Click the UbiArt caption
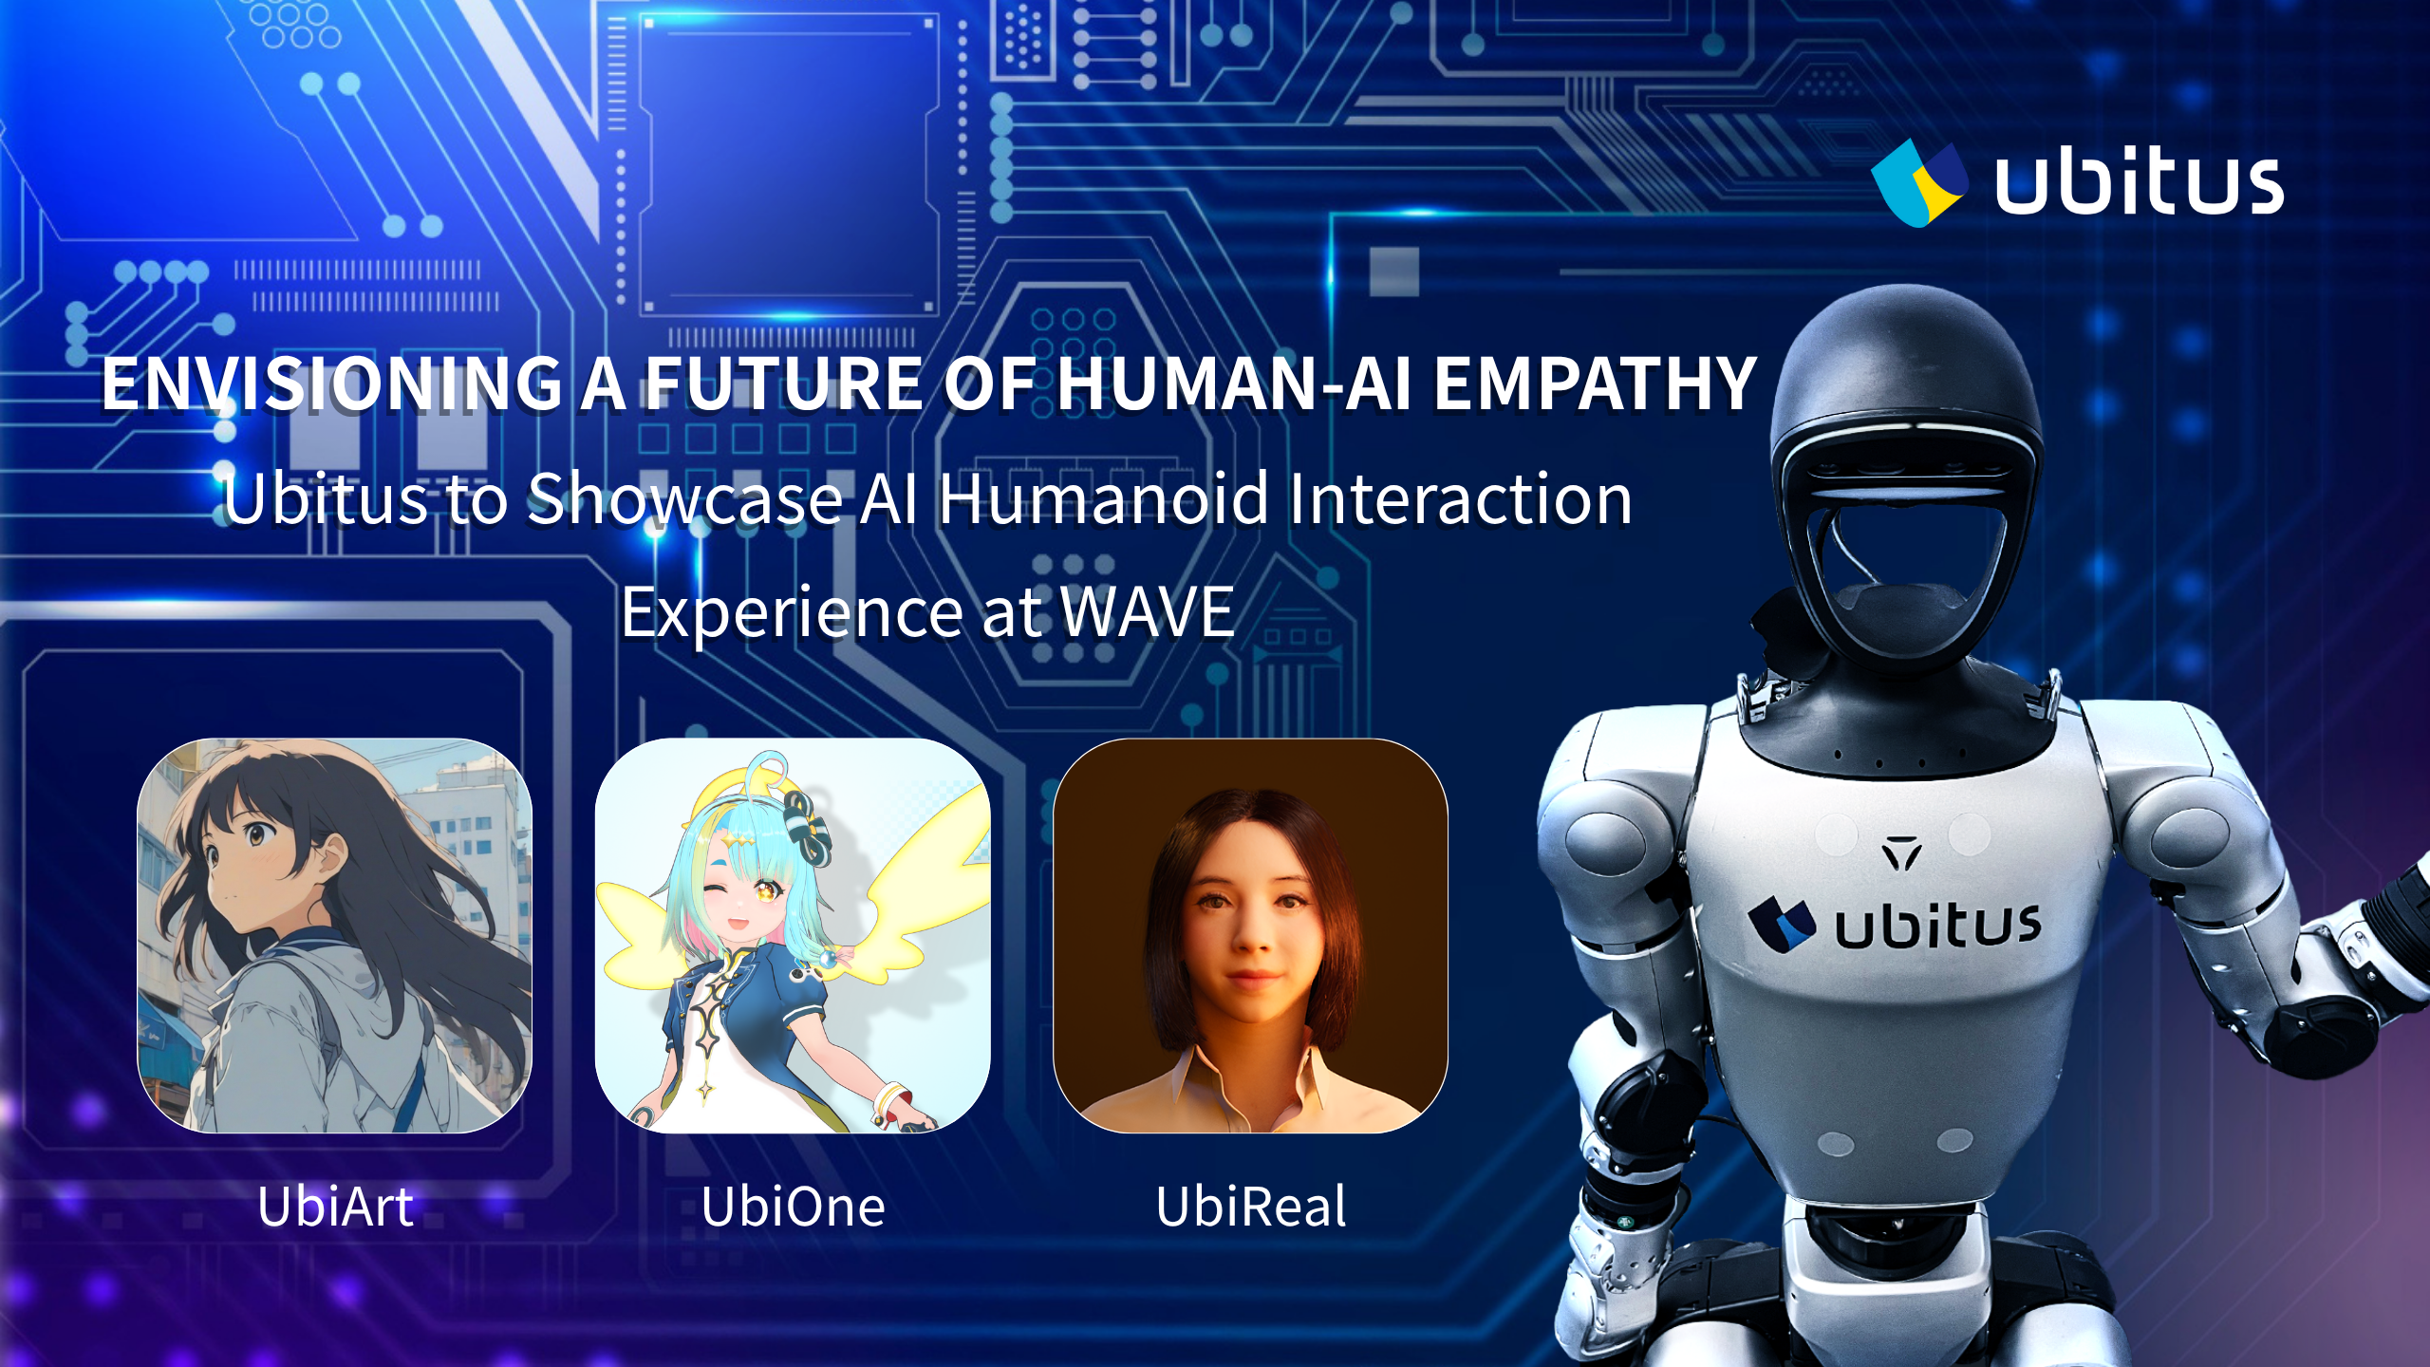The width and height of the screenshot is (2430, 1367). click(x=335, y=1207)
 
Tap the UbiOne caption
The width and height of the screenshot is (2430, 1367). click(x=794, y=1207)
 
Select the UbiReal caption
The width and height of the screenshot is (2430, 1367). click(x=1251, y=1207)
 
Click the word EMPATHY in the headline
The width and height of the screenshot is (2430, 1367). click(x=1595, y=384)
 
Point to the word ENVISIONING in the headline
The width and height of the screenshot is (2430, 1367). click(x=332, y=384)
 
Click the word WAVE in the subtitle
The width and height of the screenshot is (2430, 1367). click(x=1147, y=612)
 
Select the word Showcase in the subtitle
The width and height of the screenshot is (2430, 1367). click(x=684, y=498)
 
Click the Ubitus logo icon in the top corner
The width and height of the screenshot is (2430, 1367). click(x=1919, y=183)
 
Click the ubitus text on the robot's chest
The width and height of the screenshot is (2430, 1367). click(x=1937, y=926)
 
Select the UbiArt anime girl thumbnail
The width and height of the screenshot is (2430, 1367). click(x=335, y=935)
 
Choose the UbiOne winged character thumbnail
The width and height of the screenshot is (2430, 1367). click(x=793, y=935)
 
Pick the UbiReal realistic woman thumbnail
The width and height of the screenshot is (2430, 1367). click(x=1251, y=935)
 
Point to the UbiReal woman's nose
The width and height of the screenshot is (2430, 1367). click(x=1251, y=935)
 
